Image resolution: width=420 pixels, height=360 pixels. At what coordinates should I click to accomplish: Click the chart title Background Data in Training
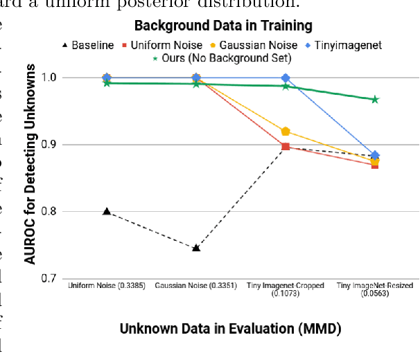pyautogui.click(x=223, y=26)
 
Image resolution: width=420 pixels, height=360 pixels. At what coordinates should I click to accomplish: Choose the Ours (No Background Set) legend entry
pyautogui.click(x=221, y=58)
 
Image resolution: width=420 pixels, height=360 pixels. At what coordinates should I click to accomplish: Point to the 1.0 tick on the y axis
pyautogui.click(x=51, y=78)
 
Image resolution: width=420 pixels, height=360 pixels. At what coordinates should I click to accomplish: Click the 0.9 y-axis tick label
pyautogui.click(x=51, y=145)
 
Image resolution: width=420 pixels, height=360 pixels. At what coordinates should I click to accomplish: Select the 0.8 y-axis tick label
pyautogui.click(x=51, y=212)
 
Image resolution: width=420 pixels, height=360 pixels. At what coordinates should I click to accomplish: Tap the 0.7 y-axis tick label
pyautogui.click(x=51, y=279)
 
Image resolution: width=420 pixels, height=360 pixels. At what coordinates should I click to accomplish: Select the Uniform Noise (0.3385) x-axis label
pyautogui.click(x=107, y=285)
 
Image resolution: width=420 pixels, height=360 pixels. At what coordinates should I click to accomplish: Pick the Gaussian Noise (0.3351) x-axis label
pyautogui.click(x=196, y=285)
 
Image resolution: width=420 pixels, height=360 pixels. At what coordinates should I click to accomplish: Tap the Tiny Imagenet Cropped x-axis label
pyautogui.click(x=286, y=289)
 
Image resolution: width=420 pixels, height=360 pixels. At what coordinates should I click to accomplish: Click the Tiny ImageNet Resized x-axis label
pyautogui.click(x=375, y=289)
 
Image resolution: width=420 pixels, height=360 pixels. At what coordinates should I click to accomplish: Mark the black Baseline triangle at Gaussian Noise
pyautogui.click(x=196, y=247)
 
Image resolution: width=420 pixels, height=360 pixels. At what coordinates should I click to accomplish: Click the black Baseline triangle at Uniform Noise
pyautogui.click(x=107, y=211)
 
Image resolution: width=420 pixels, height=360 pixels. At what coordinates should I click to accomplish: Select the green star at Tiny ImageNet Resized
pyautogui.click(x=375, y=100)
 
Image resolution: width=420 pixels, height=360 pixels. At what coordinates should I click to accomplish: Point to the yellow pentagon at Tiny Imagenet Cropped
pyautogui.click(x=286, y=132)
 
